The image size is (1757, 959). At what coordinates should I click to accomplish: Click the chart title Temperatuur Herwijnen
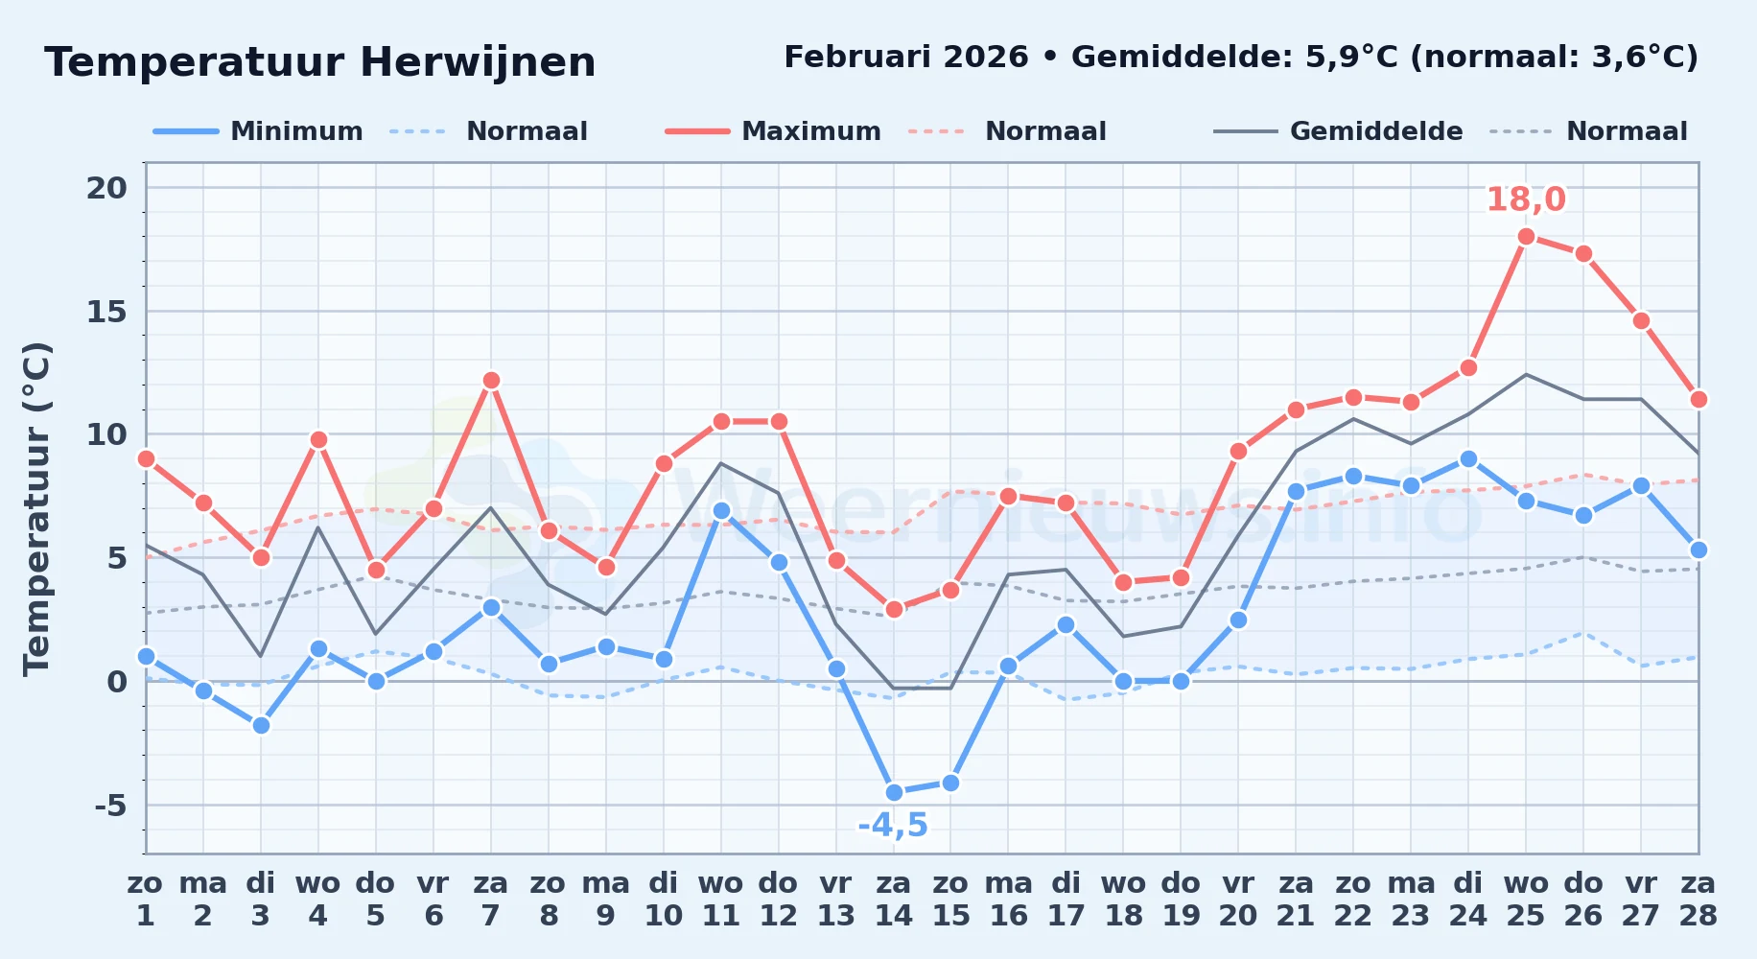(320, 62)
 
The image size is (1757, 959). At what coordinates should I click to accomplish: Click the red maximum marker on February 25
(1526, 237)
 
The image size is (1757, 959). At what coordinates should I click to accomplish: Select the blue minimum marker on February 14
(894, 792)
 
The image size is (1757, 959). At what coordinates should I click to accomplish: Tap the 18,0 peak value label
(1526, 199)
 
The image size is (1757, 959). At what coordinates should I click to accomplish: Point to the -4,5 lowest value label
(893, 825)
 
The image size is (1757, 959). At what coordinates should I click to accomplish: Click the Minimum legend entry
(259, 131)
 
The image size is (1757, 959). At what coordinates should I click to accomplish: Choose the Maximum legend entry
(774, 131)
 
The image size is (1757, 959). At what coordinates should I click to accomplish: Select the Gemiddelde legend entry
(1339, 131)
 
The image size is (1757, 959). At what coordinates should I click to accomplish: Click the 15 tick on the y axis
(106, 312)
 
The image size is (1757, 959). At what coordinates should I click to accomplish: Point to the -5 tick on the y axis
(110, 805)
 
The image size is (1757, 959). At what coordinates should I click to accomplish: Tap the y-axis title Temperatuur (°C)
(36, 508)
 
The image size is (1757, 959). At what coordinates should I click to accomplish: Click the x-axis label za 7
(491, 899)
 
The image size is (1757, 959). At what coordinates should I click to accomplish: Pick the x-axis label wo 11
(721, 899)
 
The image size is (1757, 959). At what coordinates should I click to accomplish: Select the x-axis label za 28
(1698, 899)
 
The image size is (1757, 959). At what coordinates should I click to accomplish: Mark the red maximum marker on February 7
(491, 380)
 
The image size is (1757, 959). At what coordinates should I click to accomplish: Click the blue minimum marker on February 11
(721, 511)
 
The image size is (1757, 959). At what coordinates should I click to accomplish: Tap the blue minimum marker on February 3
(261, 725)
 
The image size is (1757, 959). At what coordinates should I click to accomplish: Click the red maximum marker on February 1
(146, 458)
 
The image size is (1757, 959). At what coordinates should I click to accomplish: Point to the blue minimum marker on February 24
(1468, 458)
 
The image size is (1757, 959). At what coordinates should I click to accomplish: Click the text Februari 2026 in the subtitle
(906, 58)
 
